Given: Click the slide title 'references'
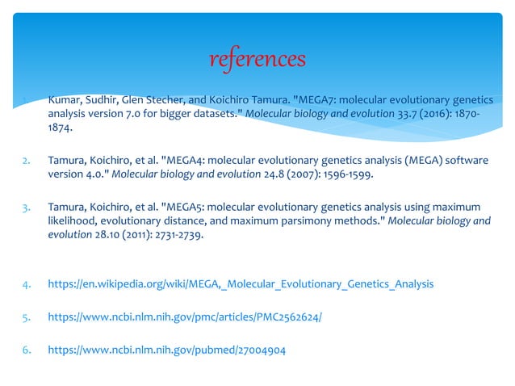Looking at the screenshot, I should pos(257,58).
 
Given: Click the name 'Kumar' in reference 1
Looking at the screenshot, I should pos(65,100).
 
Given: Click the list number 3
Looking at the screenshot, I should pos(25,208).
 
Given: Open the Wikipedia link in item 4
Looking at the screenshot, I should pos(241,284).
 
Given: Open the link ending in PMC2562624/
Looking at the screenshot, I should pos(185,317).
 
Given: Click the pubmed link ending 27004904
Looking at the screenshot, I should pos(166,350).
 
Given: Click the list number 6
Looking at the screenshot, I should pos(25,350).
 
